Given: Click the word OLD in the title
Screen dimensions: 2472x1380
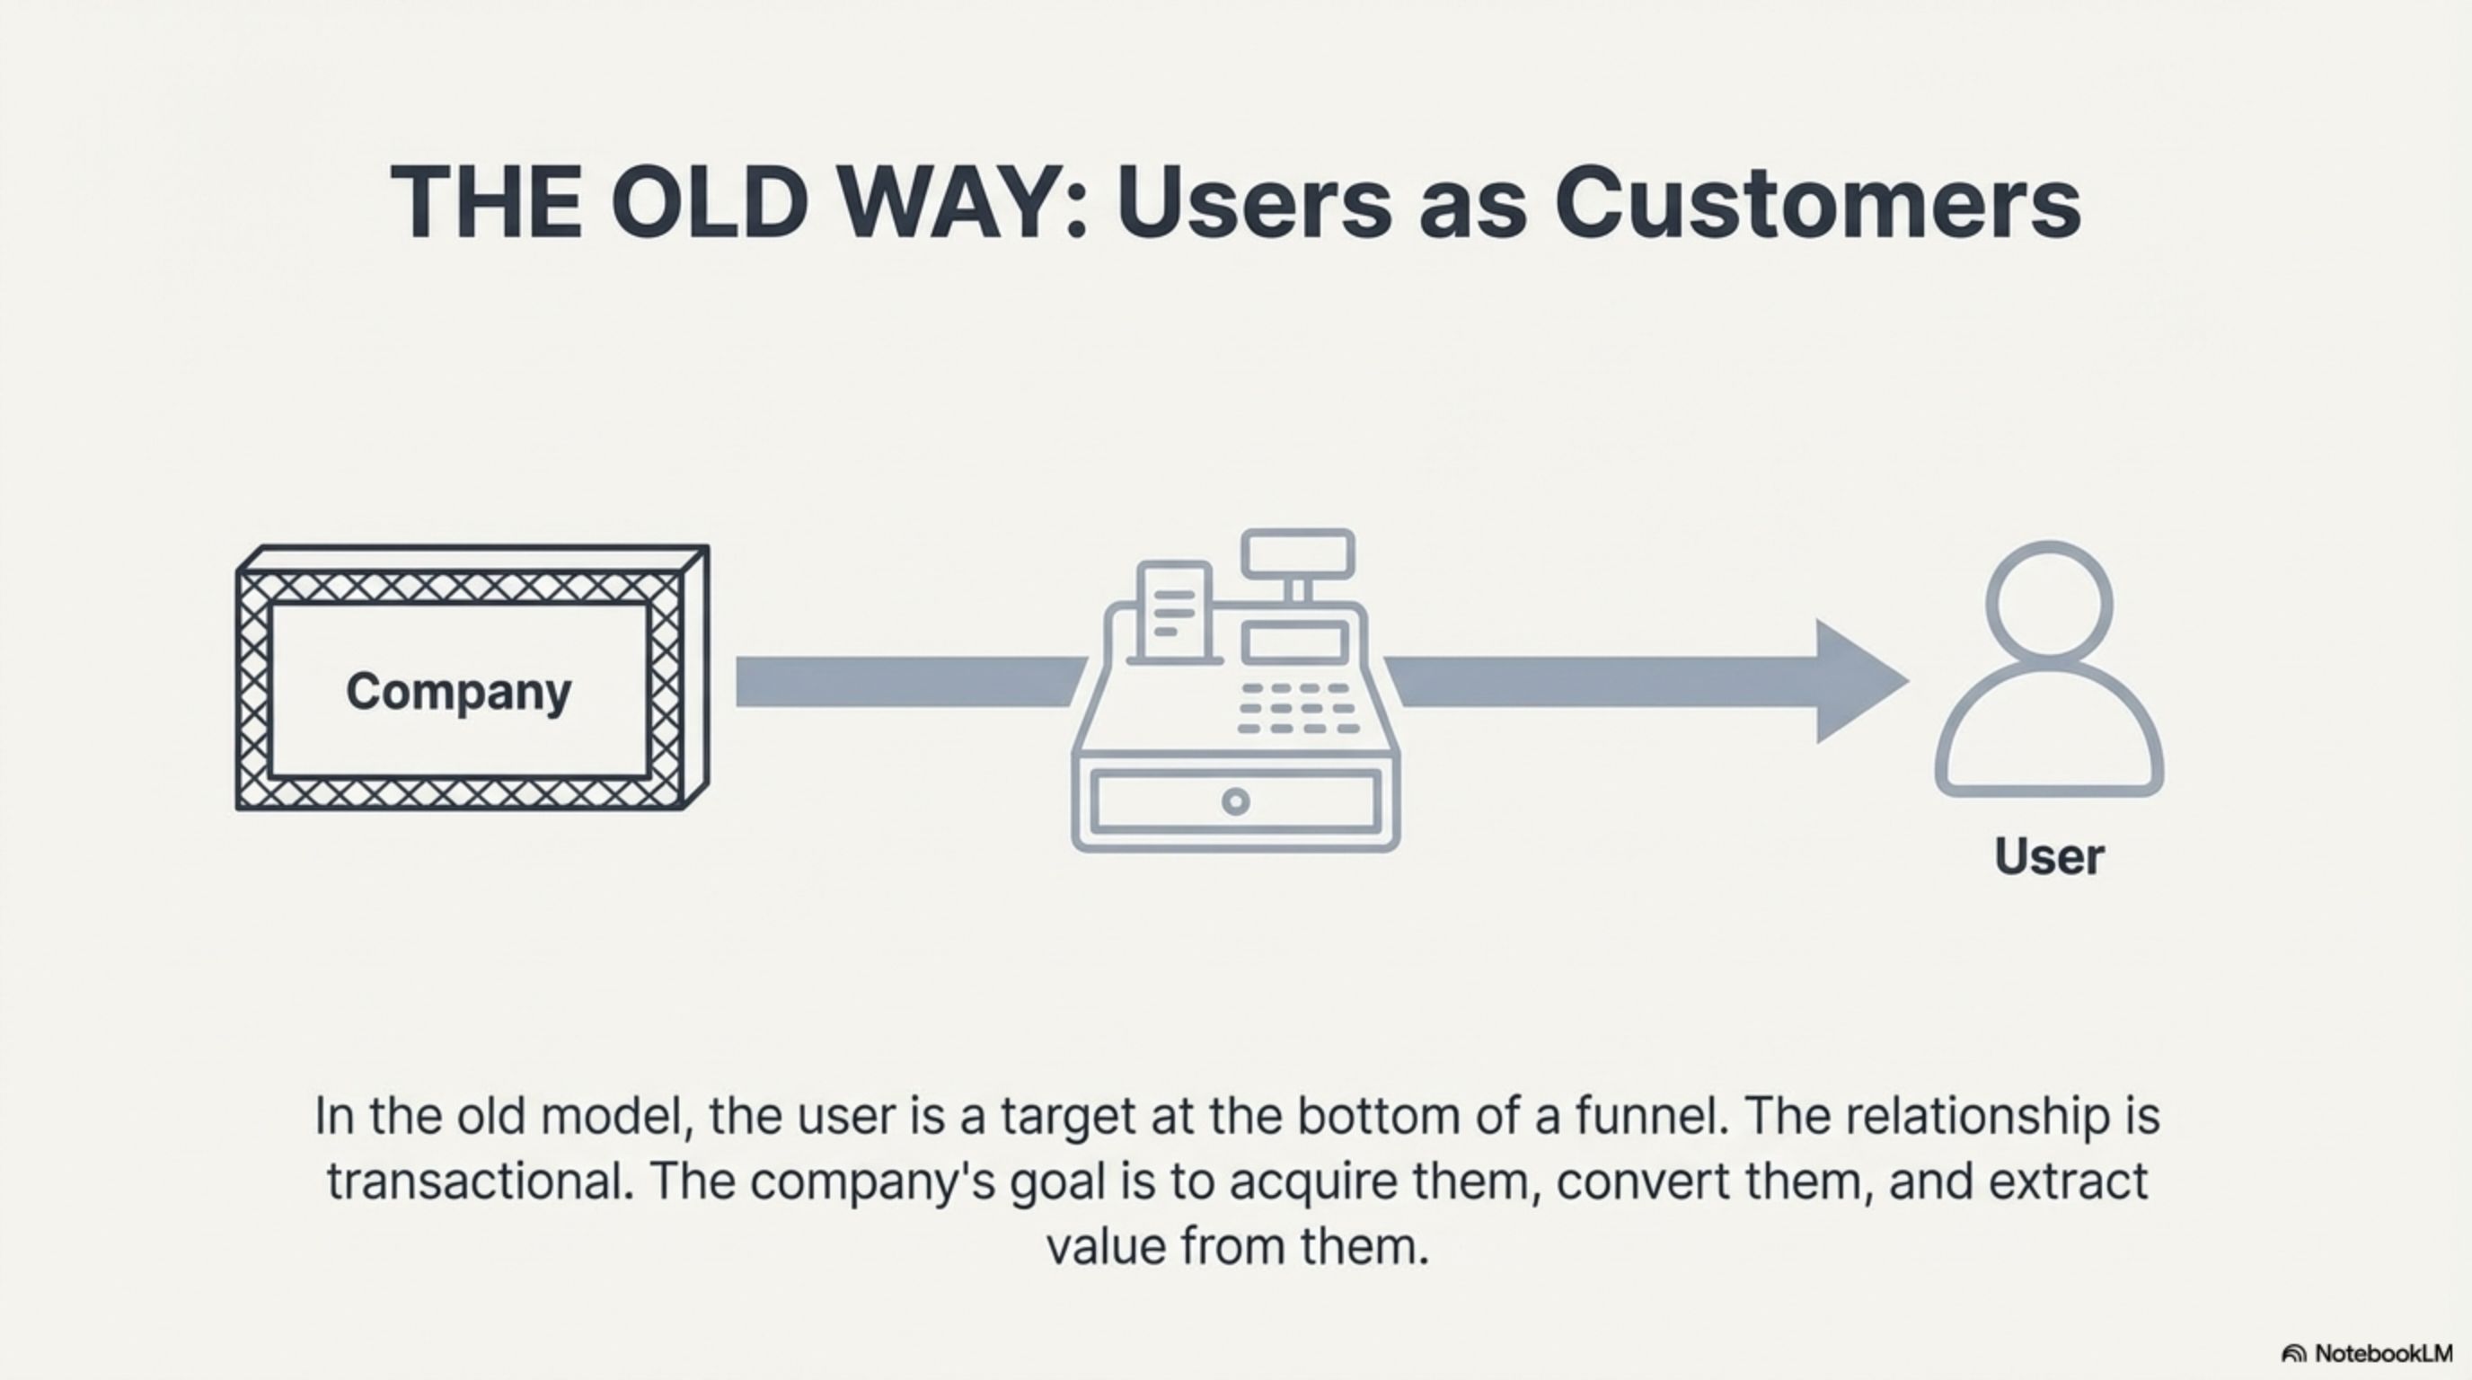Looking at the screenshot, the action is click(708, 201).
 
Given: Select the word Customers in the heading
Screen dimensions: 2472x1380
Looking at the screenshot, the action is click(1817, 201).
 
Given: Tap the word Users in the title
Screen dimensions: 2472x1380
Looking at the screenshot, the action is click(1253, 201).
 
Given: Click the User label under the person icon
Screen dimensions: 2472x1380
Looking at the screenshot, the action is click(2049, 856).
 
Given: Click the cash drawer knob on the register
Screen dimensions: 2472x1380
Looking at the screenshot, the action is click(1236, 801).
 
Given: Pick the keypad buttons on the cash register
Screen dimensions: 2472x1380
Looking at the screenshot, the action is click(1298, 708).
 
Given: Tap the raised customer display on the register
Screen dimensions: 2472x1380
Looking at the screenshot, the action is click(1297, 554).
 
